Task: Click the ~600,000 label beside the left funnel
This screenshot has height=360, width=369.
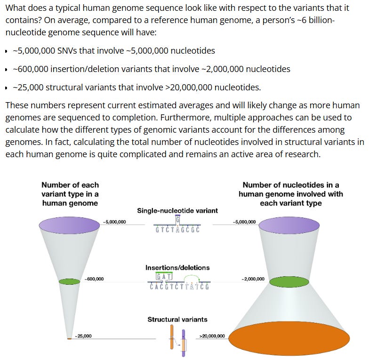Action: click(94, 279)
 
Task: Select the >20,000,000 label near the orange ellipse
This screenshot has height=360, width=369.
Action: click(212, 336)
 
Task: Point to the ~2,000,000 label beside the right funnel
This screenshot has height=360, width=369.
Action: click(253, 279)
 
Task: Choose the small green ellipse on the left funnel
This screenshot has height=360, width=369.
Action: click(70, 281)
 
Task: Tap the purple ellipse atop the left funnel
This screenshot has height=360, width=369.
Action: click(70, 224)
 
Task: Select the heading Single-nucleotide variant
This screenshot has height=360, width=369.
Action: click(177, 210)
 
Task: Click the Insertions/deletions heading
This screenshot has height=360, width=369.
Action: click(177, 268)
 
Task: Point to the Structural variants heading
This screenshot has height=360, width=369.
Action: click(177, 320)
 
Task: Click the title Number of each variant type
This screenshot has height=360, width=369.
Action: click(70, 194)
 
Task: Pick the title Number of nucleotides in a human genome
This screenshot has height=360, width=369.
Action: click(290, 194)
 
